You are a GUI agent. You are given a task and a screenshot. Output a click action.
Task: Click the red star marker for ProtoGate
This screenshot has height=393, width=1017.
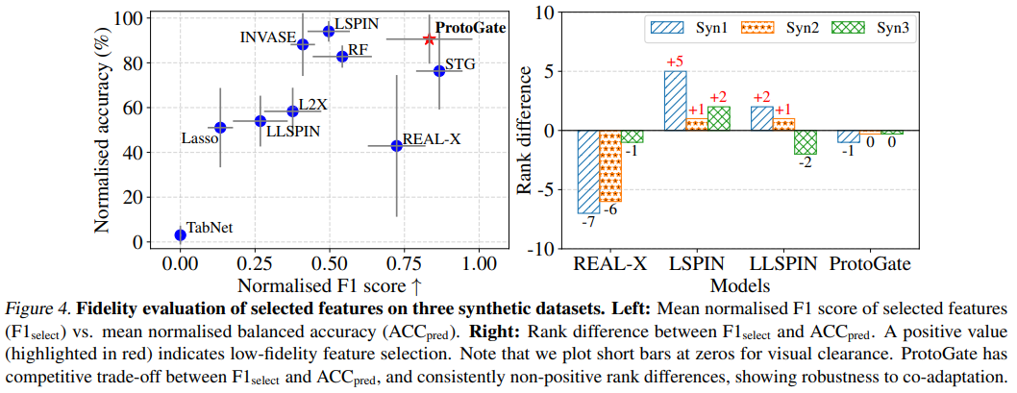coord(430,39)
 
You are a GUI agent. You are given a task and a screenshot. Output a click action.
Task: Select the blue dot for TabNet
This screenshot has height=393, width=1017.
coord(180,234)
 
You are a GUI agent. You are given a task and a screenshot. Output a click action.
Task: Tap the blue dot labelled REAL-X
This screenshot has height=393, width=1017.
coord(396,145)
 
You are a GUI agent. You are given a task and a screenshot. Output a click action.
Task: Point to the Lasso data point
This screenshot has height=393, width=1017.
coord(220,127)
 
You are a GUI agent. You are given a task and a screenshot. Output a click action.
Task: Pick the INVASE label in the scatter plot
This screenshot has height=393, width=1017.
coord(267,37)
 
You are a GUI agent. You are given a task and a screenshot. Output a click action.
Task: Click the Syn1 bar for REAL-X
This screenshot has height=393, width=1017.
coord(587,172)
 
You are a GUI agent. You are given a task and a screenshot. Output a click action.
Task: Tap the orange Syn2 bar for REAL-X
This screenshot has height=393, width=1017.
coord(610,166)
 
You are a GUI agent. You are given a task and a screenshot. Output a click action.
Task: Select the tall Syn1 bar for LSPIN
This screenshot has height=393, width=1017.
coord(676,100)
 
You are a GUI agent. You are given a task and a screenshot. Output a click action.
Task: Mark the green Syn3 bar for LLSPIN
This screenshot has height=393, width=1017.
coord(806,142)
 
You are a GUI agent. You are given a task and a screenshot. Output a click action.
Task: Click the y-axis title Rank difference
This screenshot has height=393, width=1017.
coord(525,130)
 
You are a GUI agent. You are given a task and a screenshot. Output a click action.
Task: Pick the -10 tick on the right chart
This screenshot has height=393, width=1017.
coord(543,248)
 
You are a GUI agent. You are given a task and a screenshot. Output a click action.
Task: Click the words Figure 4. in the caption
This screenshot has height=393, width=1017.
coord(38,309)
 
